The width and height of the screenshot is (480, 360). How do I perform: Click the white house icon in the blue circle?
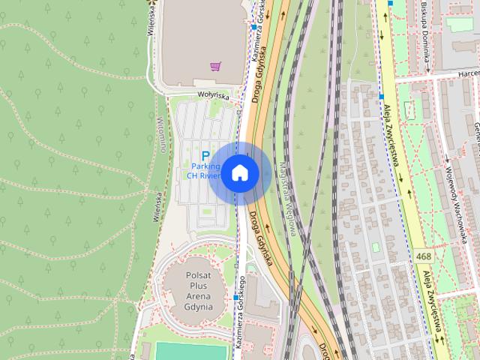tap(239, 172)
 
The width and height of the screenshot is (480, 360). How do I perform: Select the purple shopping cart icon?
tap(216, 66)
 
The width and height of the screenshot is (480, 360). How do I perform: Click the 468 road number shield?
tap(422, 257)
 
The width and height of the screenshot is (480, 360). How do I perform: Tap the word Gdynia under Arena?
tap(199, 307)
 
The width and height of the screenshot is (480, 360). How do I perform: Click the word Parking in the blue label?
tap(205, 166)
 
